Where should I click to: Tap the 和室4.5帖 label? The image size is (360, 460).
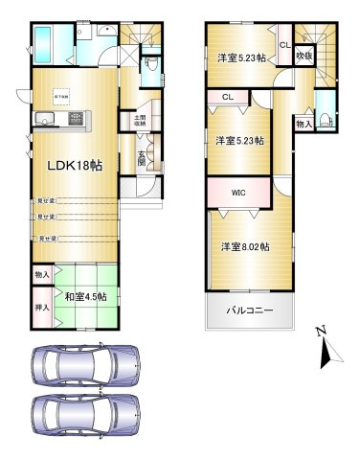tap(84, 295)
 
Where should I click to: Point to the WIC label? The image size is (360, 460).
tap(239, 192)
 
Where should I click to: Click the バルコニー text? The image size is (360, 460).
tap(249, 310)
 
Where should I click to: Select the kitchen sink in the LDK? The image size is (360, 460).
tap(46, 119)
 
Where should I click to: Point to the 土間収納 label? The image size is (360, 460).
tap(139, 121)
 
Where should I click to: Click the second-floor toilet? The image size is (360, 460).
tap(326, 120)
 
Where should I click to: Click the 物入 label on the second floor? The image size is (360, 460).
tap(303, 125)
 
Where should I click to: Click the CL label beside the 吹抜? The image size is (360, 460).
tap(284, 44)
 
